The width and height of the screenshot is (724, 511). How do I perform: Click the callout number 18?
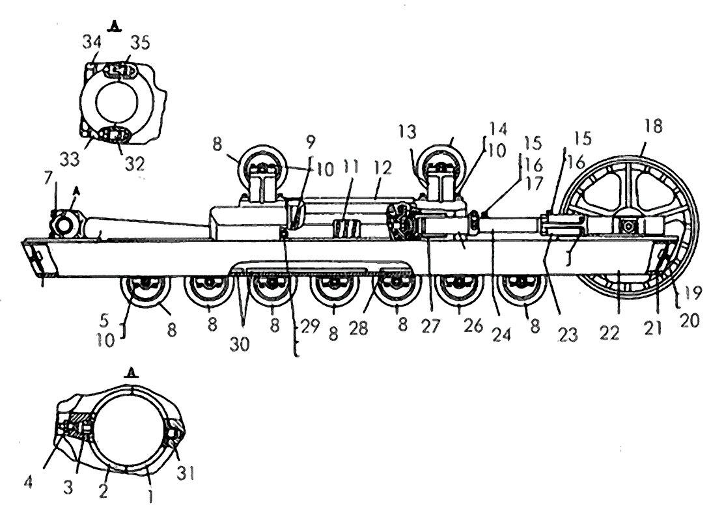click(x=653, y=126)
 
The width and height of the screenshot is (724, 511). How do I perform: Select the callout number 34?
click(x=92, y=43)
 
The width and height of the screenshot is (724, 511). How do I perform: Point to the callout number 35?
click(x=139, y=42)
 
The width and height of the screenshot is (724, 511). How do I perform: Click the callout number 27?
click(x=431, y=326)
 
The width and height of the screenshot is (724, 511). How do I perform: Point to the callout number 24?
click(x=502, y=333)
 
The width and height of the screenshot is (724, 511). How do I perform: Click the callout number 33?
click(x=69, y=159)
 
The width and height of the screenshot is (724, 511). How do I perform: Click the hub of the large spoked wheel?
click(x=628, y=226)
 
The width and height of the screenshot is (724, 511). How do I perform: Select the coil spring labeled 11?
click(x=346, y=229)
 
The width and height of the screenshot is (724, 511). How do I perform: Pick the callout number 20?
click(x=690, y=320)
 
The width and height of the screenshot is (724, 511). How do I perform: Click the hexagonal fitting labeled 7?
click(x=62, y=225)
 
